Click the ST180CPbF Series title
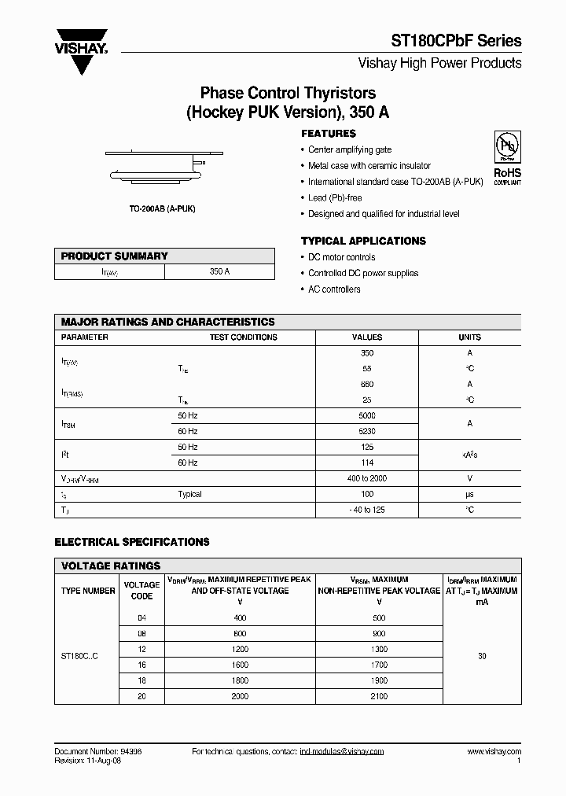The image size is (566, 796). point(457,41)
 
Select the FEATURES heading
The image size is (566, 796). point(329,134)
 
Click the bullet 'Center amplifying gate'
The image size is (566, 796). point(350,149)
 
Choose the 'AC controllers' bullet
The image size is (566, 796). point(334,289)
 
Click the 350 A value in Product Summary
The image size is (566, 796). point(220,271)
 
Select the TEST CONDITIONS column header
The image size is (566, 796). point(243,337)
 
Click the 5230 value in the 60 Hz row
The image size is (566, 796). point(367,431)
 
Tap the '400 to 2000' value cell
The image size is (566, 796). point(367,478)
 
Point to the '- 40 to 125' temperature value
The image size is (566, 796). point(367,510)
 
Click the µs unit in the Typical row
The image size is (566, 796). point(469,494)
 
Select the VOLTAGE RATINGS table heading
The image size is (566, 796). point(111,566)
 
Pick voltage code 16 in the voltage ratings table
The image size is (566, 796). point(141,665)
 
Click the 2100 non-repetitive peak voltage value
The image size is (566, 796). point(379,696)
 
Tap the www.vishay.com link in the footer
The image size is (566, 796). point(494,751)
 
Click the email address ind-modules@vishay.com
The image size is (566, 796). point(342,751)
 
